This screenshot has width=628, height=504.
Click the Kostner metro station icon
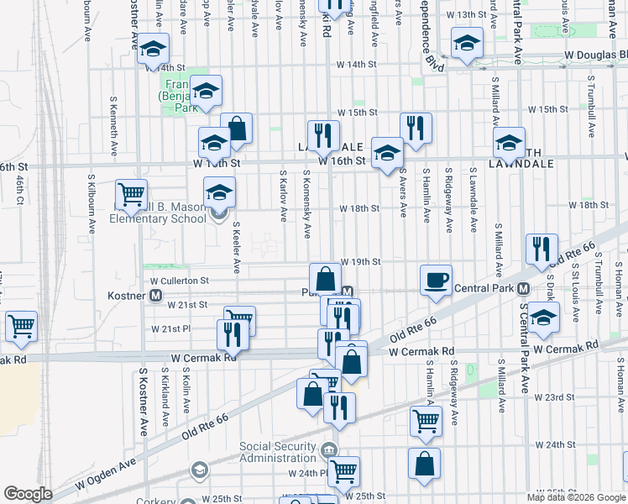[155, 296]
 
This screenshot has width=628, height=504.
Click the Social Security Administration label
[279, 452]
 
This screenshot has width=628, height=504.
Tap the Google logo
[28, 494]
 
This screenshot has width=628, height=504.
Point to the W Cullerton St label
[179, 281]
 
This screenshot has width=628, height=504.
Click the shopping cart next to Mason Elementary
[131, 196]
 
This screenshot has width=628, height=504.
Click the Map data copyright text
[576, 496]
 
